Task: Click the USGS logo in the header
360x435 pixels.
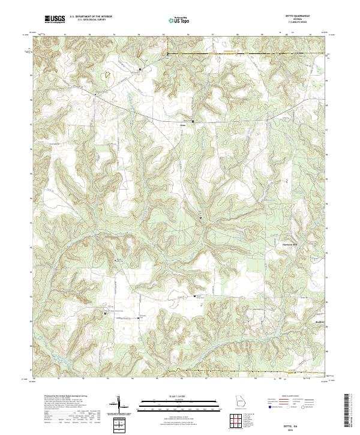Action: click(55, 19)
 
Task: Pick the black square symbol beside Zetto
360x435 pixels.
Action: click(193, 122)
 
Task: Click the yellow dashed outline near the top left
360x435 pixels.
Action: click(109, 76)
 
